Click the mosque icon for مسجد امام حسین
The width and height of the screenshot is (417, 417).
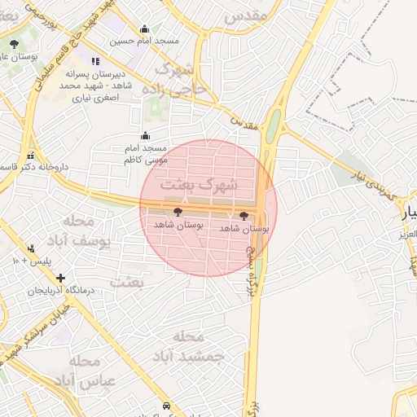pyautogui.click(x=145, y=29)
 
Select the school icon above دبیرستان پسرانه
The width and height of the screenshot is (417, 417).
pyautogui.click(x=96, y=60)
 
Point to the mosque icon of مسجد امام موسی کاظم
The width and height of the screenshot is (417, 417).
pyautogui.click(x=145, y=135)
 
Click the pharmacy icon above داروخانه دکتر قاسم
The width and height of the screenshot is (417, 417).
pyautogui.click(x=30, y=155)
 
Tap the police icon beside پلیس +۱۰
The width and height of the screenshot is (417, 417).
pyautogui.click(x=31, y=248)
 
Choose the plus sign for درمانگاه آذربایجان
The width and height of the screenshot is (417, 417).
pyautogui.click(x=60, y=278)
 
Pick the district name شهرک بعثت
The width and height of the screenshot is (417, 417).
pyautogui.click(x=199, y=185)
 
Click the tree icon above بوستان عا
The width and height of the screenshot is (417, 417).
pyautogui.click(x=14, y=45)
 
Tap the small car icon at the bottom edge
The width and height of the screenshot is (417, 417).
pyautogui.click(x=166, y=406)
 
